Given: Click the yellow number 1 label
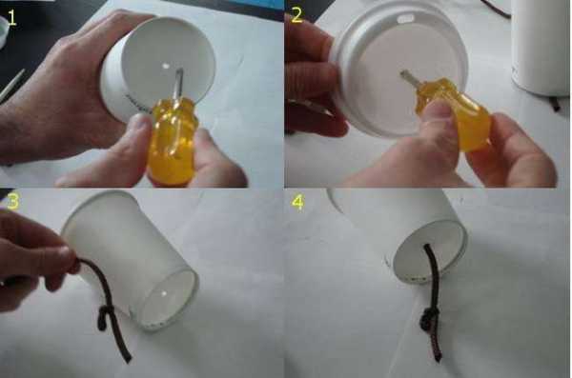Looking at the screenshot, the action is click(x=11, y=18).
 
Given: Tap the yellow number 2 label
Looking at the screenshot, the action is click(x=296, y=16).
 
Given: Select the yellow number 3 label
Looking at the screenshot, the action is click(x=12, y=201).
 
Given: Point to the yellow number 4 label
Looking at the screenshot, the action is click(x=298, y=202).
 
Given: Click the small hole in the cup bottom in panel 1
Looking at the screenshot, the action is click(x=166, y=67).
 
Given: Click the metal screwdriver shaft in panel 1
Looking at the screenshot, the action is click(x=177, y=85).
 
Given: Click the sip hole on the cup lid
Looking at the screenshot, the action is click(x=405, y=18).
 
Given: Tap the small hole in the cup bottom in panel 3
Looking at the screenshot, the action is click(x=164, y=293).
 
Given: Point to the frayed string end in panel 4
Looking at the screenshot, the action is click(x=438, y=350).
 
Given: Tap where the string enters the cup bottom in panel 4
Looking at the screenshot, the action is click(x=427, y=248).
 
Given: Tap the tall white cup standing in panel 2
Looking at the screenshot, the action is click(x=540, y=48).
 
